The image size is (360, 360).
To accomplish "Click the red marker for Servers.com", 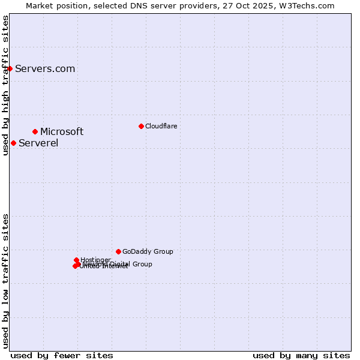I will pyautogui.click(x=10, y=68).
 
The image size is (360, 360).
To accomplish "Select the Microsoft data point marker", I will pyautogui.click(x=35, y=131).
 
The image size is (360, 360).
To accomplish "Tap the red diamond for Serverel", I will pyautogui.click(x=13, y=143).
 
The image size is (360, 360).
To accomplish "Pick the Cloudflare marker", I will pyautogui.click(x=141, y=126).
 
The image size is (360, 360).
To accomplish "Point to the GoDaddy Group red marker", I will pyautogui.click(x=118, y=251).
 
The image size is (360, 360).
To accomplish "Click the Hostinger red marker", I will pyautogui.click(x=76, y=260).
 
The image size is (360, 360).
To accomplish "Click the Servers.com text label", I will pyautogui.click(x=45, y=68).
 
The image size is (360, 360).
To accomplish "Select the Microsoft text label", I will pyautogui.click(x=62, y=131).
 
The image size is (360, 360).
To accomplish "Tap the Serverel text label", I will pyautogui.click(x=38, y=143).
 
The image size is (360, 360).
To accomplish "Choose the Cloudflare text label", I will pyautogui.click(x=161, y=126).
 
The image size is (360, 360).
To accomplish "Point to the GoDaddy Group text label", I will pyautogui.click(x=148, y=251).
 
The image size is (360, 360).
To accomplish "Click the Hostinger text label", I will pyautogui.click(x=95, y=260).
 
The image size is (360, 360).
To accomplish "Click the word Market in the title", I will pyautogui.click(x=40, y=5).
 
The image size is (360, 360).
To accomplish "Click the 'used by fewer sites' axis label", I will pyautogui.click(x=62, y=355).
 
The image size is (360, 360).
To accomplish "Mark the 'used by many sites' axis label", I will pyautogui.click(x=301, y=355).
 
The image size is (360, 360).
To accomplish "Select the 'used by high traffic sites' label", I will pyautogui.click(x=5, y=86).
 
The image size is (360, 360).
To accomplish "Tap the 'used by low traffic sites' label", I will pyautogui.click(x=5, y=280).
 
